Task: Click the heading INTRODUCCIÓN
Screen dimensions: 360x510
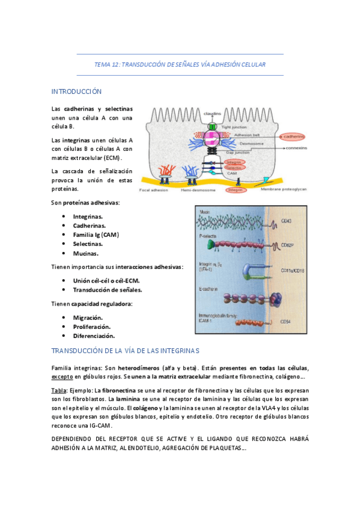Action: pyautogui.click(x=76, y=91)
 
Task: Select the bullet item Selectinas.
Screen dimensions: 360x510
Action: pyautogui.click(x=88, y=244)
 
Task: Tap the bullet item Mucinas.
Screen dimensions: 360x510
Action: pyautogui.click(x=86, y=253)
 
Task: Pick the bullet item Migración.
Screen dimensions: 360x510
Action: pyautogui.click(x=88, y=317)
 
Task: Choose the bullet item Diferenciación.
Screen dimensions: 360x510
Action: pyautogui.click(x=94, y=336)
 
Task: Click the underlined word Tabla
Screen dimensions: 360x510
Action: pyautogui.click(x=59, y=390)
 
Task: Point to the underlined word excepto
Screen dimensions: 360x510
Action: pyautogui.click(x=62, y=376)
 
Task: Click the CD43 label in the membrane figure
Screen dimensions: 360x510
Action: pyautogui.click(x=287, y=222)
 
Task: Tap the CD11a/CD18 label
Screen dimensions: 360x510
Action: pyautogui.click(x=293, y=271)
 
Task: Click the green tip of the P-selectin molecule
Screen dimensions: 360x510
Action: pyautogui.click(x=204, y=245)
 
